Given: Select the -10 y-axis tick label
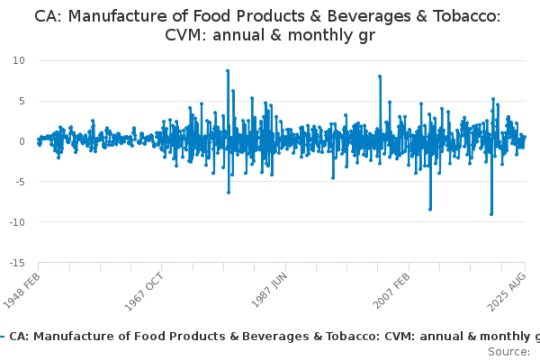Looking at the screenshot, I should pyautogui.click(x=17, y=222).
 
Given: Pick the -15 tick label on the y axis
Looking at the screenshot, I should pyautogui.click(x=17, y=263).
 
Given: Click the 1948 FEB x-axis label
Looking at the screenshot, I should pyautogui.click(x=24, y=290).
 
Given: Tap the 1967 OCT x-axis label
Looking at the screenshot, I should pyautogui.click(x=147, y=290).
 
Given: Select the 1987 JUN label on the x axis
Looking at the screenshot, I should pyautogui.click(x=271, y=289).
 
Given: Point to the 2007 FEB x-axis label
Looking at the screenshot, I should pyautogui.click(x=393, y=290).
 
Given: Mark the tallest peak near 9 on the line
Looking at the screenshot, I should pyautogui.click(x=228, y=70).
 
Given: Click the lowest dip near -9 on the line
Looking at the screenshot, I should pyautogui.click(x=491, y=214).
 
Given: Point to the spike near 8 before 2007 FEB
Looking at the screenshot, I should pyautogui.click(x=380, y=76).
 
